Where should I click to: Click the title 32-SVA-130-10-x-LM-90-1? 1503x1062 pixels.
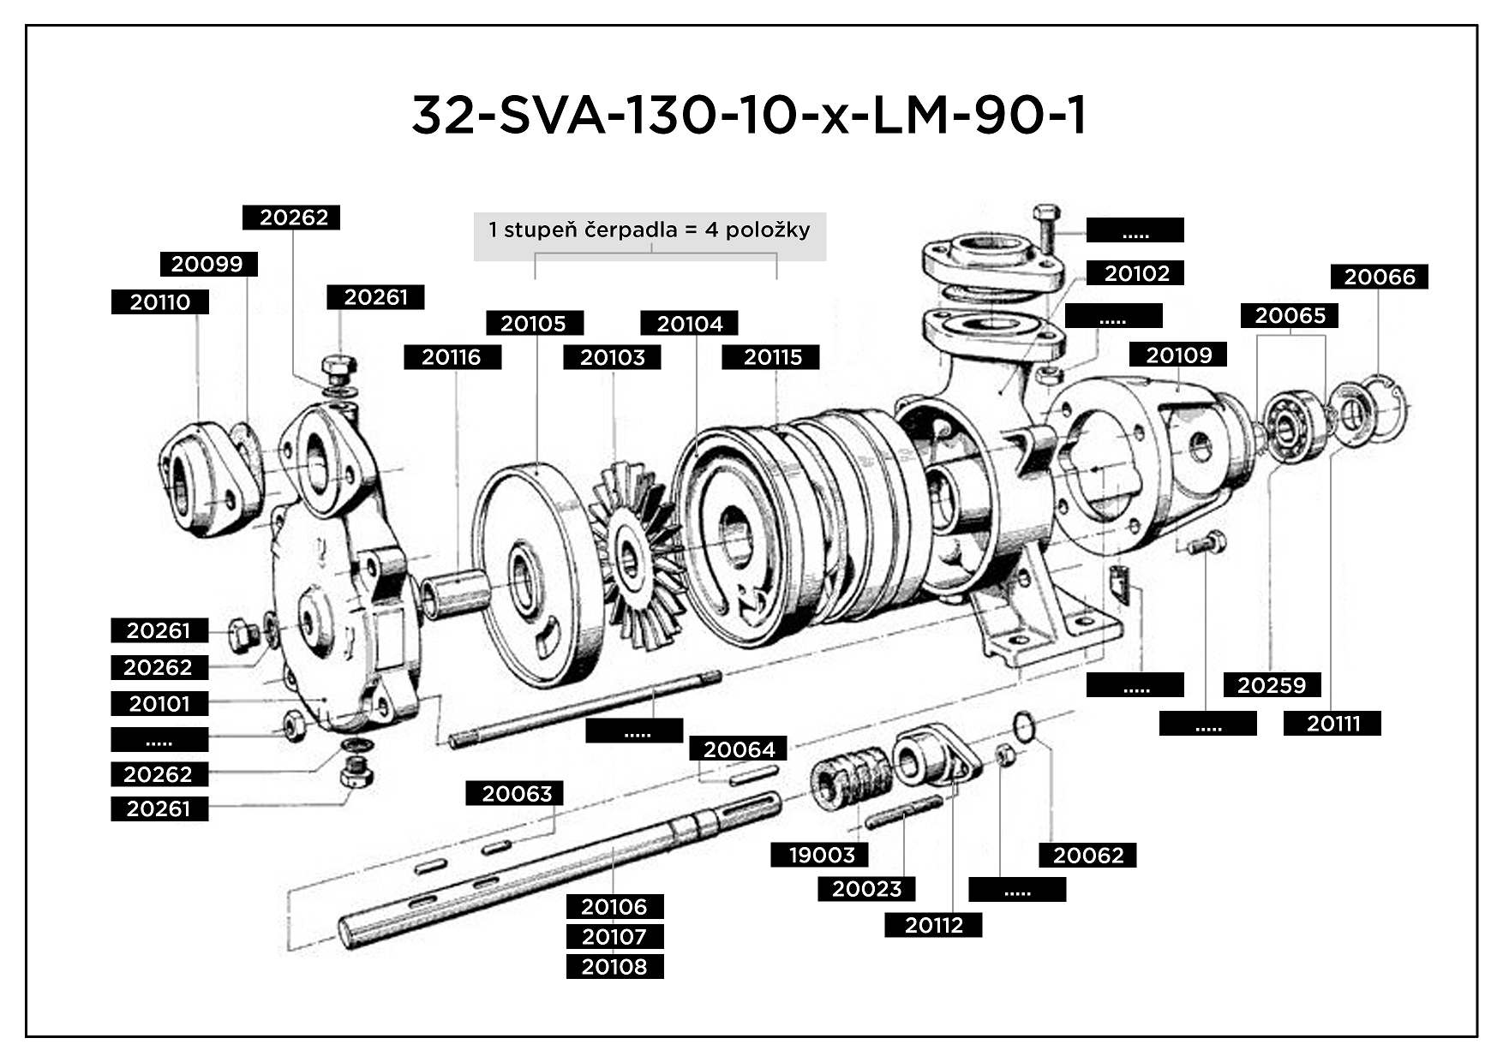click(x=750, y=116)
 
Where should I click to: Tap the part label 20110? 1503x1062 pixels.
click(x=160, y=302)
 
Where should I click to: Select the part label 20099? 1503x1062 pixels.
click(x=208, y=264)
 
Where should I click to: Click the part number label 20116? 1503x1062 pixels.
click(x=452, y=357)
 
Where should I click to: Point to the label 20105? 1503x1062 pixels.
click(x=535, y=323)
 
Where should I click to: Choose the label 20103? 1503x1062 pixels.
click(x=612, y=357)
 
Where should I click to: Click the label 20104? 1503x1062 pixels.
click(x=690, y=323)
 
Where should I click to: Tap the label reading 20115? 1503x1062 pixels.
click(x=770, y=357)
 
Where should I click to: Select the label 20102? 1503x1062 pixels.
click(x=1136, y=273)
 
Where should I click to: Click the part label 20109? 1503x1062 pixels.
click(x=1178, y=355)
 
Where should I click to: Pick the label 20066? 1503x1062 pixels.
click(x=1379, y=277)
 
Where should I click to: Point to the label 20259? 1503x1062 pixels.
click(x=1272, y=685)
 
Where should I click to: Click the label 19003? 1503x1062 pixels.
click(x=820, y=855)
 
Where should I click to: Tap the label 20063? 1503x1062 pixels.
click(x=515, y=794)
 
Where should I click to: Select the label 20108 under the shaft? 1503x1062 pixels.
click(x=614, y=967)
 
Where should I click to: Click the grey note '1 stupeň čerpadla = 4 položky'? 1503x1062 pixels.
click(x=650, y=230)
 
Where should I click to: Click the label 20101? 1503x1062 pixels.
click(x=159, y=704)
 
